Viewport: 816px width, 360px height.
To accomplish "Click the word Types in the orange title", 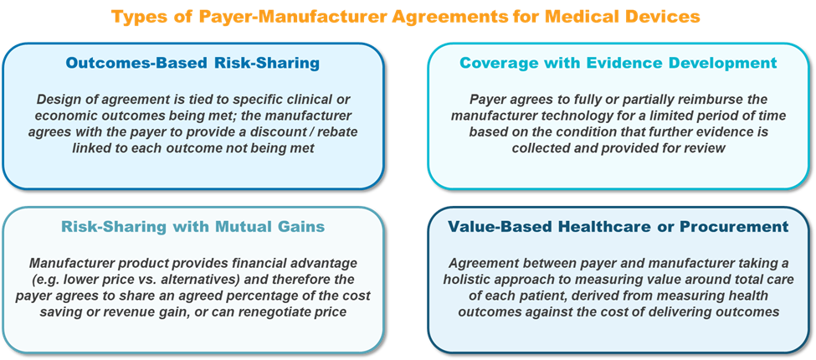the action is coord(134,18).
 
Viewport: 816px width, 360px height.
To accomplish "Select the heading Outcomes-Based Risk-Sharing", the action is coord(192,63).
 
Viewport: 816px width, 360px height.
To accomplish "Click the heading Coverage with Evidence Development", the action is coord(618,63).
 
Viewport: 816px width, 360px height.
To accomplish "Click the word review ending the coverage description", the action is coord(706,147).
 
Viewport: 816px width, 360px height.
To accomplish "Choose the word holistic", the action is coord(469,279).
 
